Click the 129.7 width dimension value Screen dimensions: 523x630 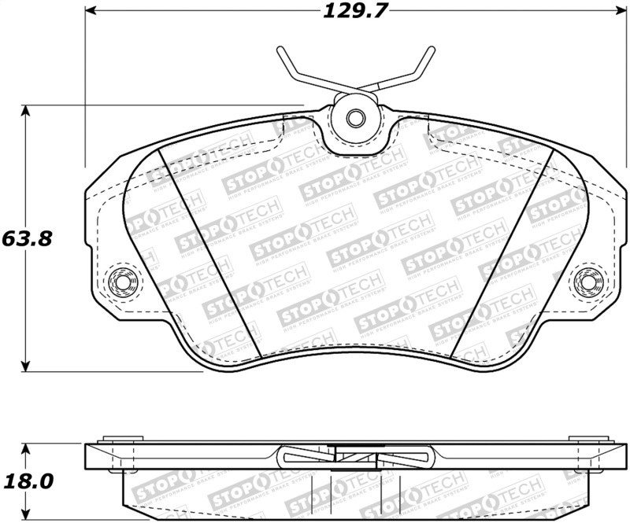(x=352, y=11)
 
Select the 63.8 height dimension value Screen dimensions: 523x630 (x=27, y=238)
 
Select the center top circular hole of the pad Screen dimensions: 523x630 (x=354, y=119)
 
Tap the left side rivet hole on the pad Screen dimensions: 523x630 (x=122, y=281)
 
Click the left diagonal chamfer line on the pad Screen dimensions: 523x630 (x=209, y=252)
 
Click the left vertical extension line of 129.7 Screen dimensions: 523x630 (x=85, y=87)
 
